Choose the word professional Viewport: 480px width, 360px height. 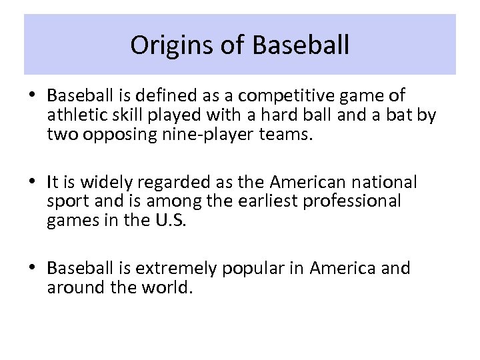pos(351,201)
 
